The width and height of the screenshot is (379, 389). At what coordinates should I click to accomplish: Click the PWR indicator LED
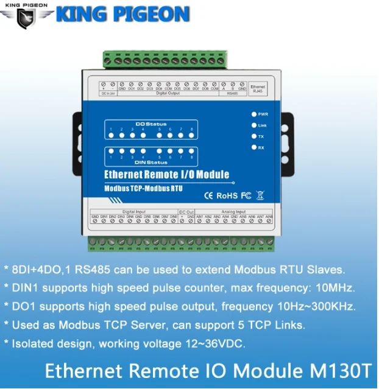point(253,114)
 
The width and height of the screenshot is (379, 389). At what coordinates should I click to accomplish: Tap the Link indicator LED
point(253,125)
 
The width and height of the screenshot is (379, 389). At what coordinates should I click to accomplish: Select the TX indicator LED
point(253,136)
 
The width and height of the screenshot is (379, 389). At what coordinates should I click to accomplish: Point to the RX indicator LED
point(253,147)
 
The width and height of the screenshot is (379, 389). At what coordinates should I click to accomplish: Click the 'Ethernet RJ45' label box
point(258,89)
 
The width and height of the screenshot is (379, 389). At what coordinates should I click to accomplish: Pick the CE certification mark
point(207,195)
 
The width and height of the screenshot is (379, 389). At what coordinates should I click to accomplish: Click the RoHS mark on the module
point(227,195)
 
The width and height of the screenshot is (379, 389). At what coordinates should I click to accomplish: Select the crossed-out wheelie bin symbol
point(260,195)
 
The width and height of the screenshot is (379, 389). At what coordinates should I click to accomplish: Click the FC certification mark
point(246,195)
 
